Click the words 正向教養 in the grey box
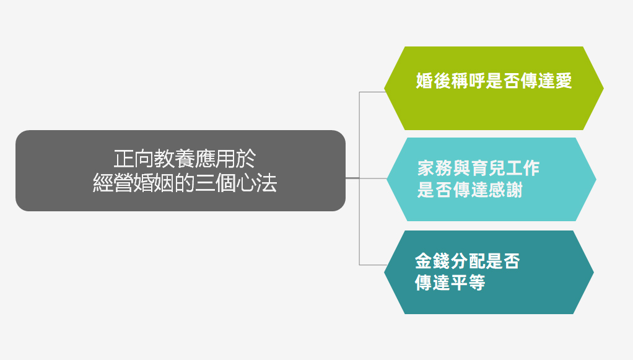point(146,158)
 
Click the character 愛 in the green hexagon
point(563,82)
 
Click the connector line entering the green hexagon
point(372,92)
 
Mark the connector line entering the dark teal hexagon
point(372,265)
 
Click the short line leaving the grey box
point(352,178)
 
